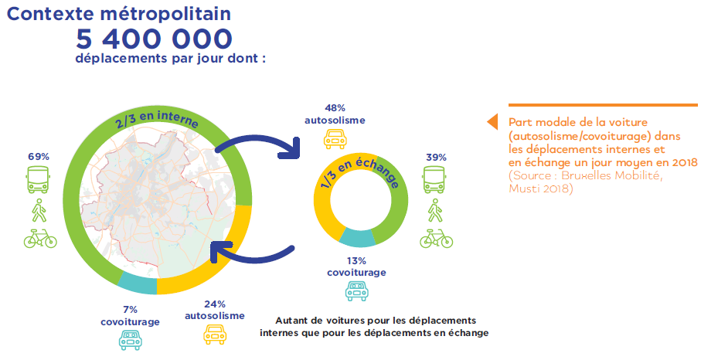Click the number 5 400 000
coord(155,39)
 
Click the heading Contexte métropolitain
coord(119,14)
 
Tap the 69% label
coord(39,157)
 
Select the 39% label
coord(436,158)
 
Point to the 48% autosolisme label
coord(335,114)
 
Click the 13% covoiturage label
coord(356,267)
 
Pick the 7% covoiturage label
coord(130,316)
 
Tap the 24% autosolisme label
coord(215,310)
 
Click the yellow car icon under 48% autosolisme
coord(335,139)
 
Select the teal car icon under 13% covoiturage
coord(357,291)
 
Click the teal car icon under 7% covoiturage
coord(130,340)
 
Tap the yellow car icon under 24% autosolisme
coord(215,335)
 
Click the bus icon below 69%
coord(39,179)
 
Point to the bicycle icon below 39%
coord(437,239)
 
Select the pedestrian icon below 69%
coord(39,210)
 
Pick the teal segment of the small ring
coord(357,238)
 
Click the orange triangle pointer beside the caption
coord(492,122)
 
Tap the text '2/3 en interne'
coord(156,118)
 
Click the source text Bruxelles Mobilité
coord(611,175)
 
